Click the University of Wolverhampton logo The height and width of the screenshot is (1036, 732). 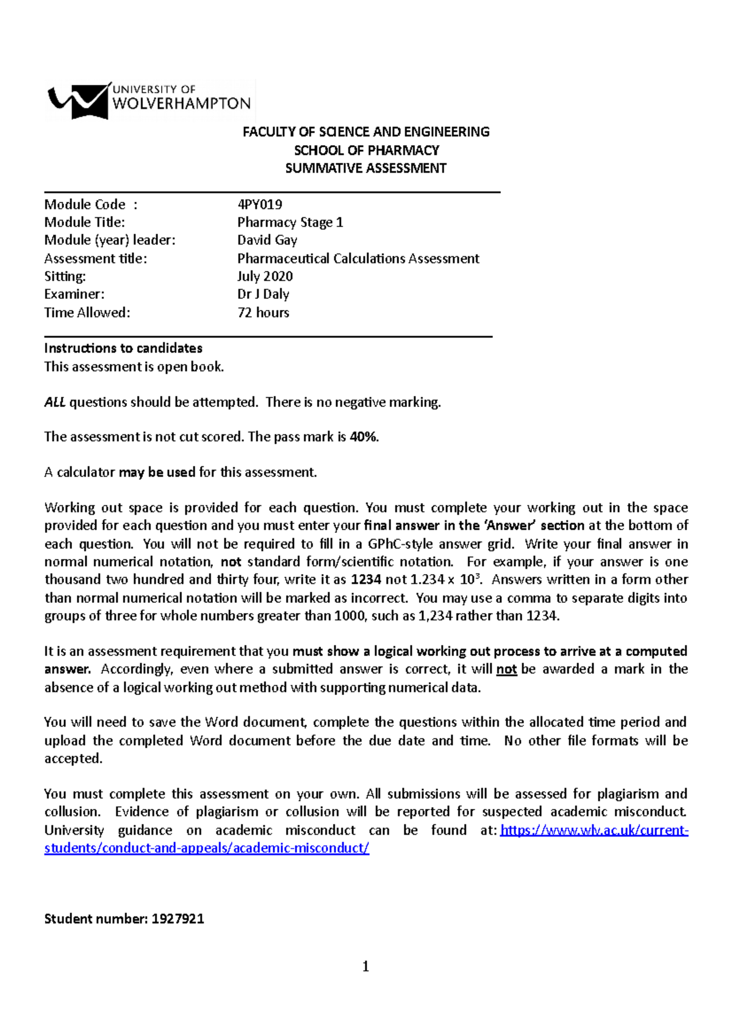tap(149, 101)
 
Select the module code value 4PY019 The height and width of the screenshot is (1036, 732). tap(259, 204)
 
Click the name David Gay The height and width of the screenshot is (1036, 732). tap(267, 240)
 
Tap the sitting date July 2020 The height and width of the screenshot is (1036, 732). tap(265, 276)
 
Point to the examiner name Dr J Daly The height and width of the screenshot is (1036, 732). tap(263, 294)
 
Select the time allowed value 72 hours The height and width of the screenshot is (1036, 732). tap(263, 312)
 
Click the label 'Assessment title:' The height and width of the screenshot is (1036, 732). tap(95, 258)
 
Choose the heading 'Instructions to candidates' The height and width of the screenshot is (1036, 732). tap(123, 348)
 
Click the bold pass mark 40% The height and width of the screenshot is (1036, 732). tap(364, 437)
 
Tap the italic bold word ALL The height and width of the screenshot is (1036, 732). tap(55, 402)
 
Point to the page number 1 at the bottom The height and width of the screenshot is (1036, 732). tap(365, 966)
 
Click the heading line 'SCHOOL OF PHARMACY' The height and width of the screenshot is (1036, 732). tap(366, 150)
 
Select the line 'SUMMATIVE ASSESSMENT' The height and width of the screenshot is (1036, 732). tap(366, 168)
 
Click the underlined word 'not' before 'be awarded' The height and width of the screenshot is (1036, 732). tap(506, 669)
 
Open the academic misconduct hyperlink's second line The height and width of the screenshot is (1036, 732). tap(206, 848)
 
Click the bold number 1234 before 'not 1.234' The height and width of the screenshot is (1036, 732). tap(366, 580)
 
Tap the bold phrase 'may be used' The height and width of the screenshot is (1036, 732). tap(157, 472)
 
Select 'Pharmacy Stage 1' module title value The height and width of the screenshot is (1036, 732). tap(290, 222)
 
